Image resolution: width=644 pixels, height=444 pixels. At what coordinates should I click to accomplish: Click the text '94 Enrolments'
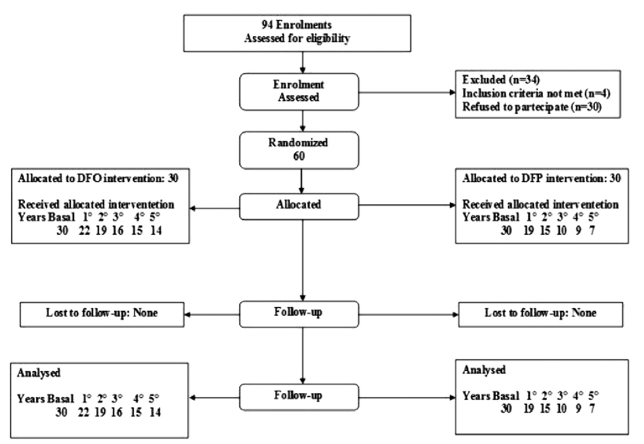297,25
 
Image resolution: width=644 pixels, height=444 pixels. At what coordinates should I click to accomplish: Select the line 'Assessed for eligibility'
297,39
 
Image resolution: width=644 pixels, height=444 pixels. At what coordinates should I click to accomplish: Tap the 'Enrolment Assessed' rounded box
299,92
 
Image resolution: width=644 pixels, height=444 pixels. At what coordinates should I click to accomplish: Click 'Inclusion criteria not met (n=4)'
536,93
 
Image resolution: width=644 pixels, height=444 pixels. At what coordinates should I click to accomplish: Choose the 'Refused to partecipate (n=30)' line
532,107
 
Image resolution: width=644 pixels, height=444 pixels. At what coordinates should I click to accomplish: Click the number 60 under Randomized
299,156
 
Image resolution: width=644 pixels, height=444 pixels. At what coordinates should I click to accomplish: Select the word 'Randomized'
298,143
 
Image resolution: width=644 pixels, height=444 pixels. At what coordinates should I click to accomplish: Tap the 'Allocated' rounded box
299,205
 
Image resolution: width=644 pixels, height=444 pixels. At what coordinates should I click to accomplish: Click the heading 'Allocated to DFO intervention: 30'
98,179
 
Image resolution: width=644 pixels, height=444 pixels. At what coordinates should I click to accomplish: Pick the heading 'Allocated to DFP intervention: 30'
541,179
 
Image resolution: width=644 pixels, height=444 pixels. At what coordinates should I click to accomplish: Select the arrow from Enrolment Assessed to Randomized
302,121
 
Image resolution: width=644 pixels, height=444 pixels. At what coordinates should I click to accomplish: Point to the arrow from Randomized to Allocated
301,181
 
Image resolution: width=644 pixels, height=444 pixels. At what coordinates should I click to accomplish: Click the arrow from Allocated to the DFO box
215,208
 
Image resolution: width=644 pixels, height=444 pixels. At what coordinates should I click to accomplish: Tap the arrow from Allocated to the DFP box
407,205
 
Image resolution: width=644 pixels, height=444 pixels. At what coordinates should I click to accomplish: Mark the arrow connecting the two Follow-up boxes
302,355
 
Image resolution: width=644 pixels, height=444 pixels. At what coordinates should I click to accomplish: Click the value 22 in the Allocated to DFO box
84,231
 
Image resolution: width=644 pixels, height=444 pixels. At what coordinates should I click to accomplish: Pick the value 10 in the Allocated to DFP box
561,231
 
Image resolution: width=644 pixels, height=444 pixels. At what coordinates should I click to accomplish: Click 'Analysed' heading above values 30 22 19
39,373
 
